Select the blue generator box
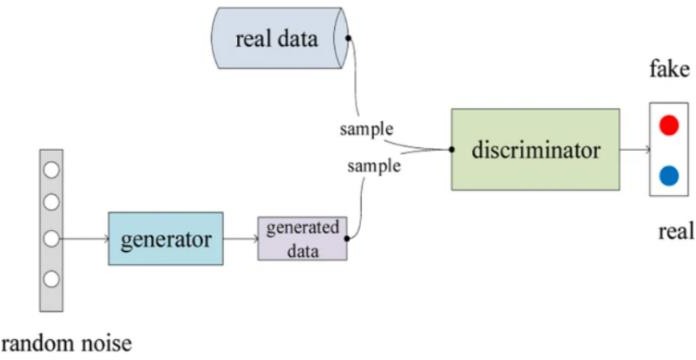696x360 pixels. [165, 239]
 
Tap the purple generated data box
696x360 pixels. [302, 238]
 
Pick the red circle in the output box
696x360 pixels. [669, 125]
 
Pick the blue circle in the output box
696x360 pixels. [669, 176]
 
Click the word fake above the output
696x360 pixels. [667, 73]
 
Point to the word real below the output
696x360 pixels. [675, 232]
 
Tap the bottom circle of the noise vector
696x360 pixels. [51, 278]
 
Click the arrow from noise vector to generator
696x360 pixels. [85, 239]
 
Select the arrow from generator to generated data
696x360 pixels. [240, 239]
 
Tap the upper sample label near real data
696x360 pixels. [366, 130]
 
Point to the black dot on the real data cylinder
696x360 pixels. [347, 39]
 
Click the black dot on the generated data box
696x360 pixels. [347, 238]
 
